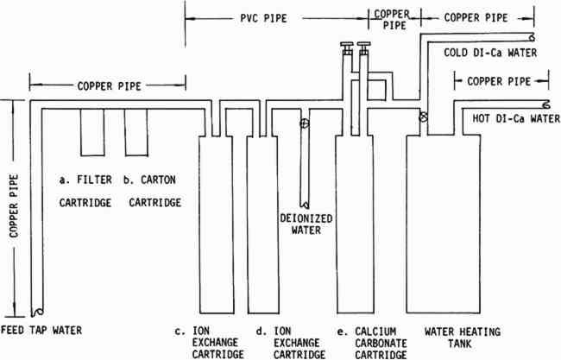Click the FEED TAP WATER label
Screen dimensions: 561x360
pos(41,330)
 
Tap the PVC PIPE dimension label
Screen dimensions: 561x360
pos(264,18)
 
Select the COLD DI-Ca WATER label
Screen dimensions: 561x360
pos(490,53)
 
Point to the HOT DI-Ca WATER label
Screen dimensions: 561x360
pos(516,118)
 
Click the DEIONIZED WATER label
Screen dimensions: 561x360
pos(306,224)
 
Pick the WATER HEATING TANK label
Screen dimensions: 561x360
pos(463,338)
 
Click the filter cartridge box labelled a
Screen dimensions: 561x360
pos(92,132)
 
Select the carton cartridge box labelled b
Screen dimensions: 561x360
pos(136,132)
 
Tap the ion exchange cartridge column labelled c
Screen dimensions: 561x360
pos(217,224)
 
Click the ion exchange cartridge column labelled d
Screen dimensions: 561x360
pos(263,224)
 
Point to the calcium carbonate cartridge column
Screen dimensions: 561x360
pos(355,224)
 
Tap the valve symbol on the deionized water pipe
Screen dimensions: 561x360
pos(305,123)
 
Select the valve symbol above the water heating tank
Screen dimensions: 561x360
pos(424,117)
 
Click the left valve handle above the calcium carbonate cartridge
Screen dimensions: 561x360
pos(347,48)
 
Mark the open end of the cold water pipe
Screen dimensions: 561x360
pos(532,37)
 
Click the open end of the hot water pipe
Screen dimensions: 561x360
pos(546,104)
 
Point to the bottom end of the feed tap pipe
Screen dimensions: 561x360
pos(37,312)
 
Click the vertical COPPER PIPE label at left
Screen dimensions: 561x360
pos(14,205)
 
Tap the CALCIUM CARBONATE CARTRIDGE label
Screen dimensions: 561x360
pos(381,343)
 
